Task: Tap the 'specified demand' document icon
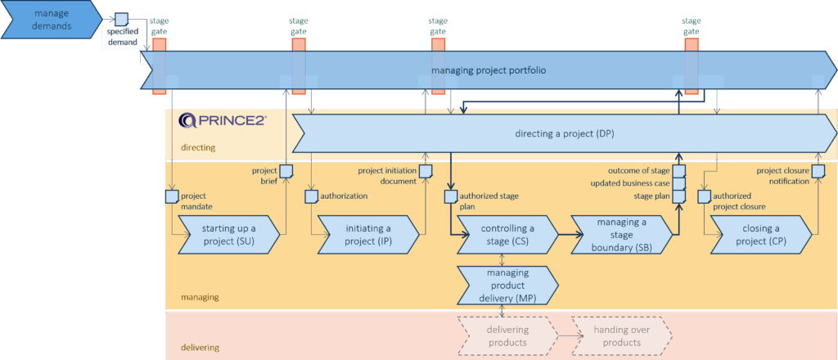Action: pos(121,19)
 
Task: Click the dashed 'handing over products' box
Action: pos(622,335)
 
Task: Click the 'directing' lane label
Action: pos(198,148)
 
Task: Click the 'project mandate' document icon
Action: pos(172,196)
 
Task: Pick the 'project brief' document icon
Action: pos(286,171)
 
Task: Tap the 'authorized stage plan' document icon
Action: pos(450,196)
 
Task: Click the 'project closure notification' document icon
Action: pos(818,171)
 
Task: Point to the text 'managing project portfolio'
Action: pos(489,70)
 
